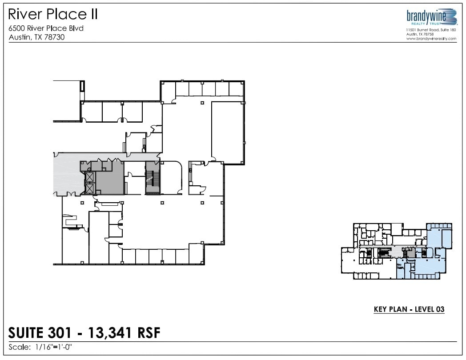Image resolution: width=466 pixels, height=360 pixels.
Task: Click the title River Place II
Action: tap(53, 15)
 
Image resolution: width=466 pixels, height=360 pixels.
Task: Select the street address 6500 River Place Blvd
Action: tap(46, 28)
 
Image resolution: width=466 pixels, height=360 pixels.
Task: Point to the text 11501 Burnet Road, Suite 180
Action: tap(431, 30)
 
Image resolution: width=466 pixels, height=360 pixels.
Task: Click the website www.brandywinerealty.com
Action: tap(431, 39)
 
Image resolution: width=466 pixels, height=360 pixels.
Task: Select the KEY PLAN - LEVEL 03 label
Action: tap(409, 309)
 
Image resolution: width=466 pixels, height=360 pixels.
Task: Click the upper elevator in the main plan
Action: tap(90, 177)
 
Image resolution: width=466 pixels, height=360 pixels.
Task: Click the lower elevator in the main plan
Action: tap(90, 189)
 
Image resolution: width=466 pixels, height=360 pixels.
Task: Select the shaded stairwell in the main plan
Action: tap(153, 178)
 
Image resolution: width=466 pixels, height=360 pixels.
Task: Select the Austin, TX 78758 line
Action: tap(420, 34)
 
